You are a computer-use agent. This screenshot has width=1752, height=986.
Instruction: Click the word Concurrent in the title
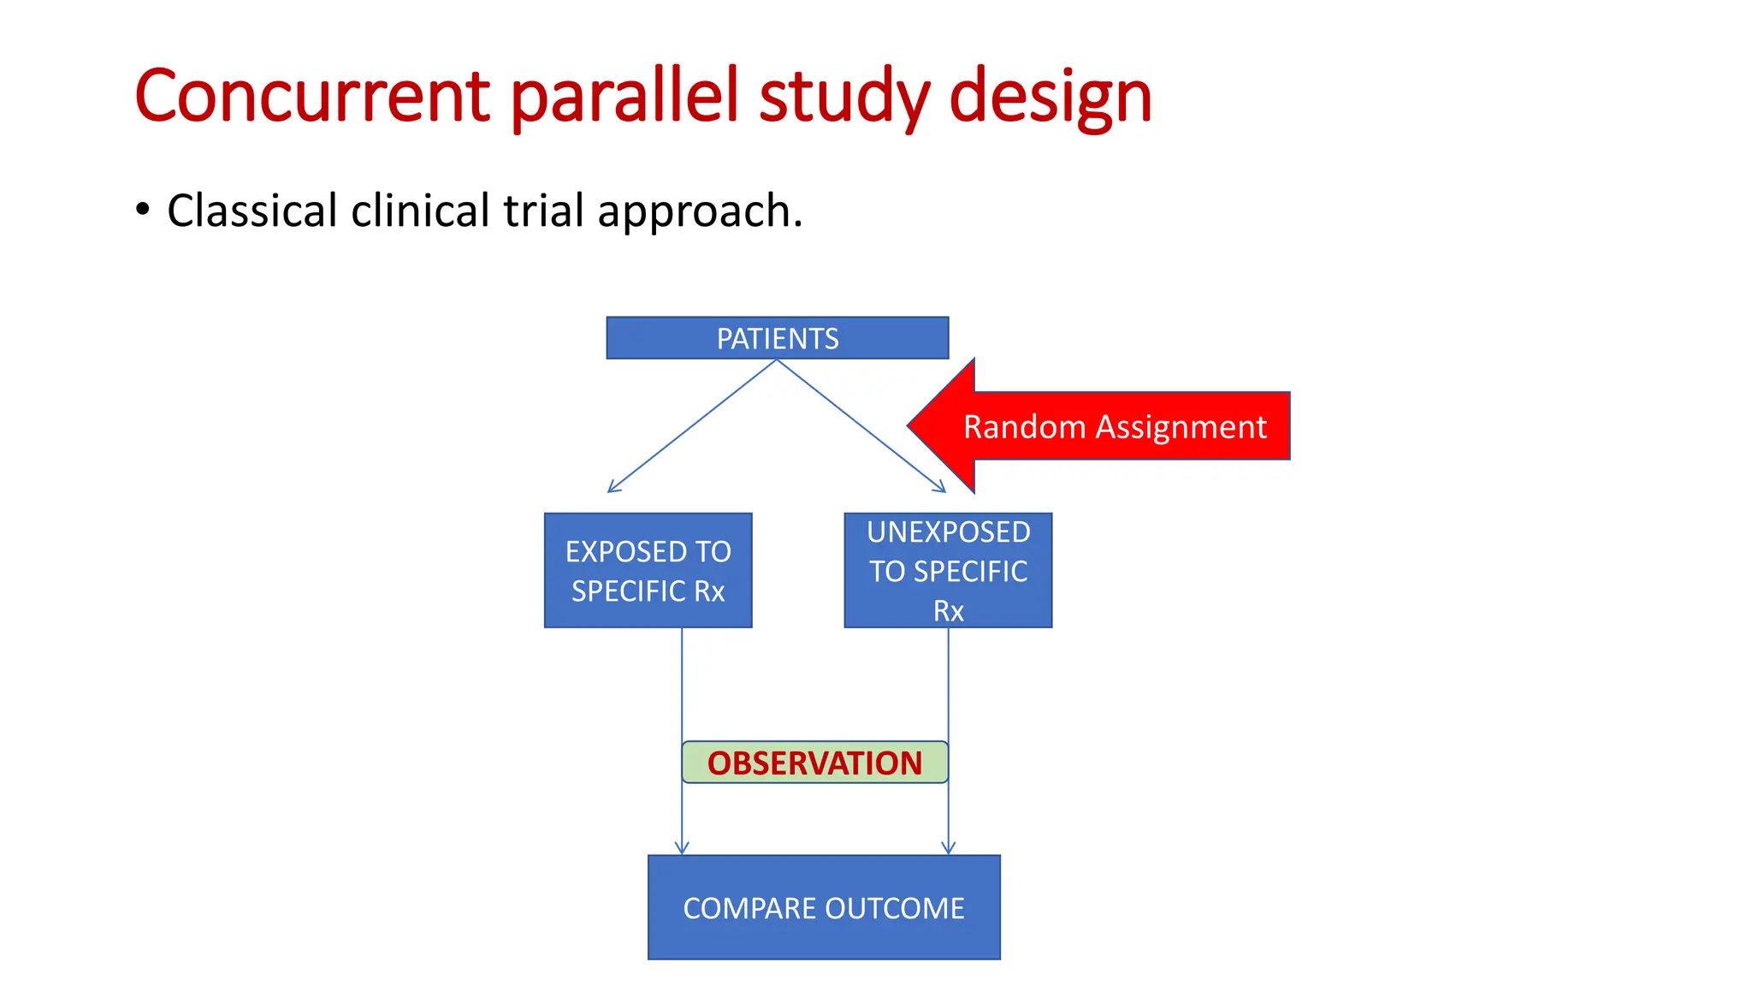click(x=312, y=96)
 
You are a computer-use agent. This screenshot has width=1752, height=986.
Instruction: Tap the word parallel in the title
click(x=624, y=96)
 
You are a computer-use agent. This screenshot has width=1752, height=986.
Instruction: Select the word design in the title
click(x=1050, y=96)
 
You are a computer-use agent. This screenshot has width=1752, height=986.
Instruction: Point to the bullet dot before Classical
click(x=143, y=209)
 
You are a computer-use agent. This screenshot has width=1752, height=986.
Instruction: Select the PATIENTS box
click(x=777, y=338)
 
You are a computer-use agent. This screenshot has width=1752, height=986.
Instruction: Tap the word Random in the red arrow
click(x=1023, y=426)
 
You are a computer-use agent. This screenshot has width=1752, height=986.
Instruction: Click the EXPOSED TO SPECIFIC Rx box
click(x=648, y=570)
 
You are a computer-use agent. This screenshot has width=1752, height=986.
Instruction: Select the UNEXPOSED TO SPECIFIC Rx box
click(x=948, y=570)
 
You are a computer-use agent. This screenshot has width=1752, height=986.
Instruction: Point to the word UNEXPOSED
click(x=948, y=532)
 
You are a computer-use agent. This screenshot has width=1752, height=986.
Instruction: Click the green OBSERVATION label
click(x=814, y=763)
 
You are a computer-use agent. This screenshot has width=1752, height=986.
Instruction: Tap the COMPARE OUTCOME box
click(x=823, y=907)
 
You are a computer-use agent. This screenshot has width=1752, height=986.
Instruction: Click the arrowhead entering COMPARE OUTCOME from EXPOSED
click(x=682, y=850)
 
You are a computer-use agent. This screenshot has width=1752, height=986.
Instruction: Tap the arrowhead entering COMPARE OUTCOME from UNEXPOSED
click(x=948, y=850)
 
